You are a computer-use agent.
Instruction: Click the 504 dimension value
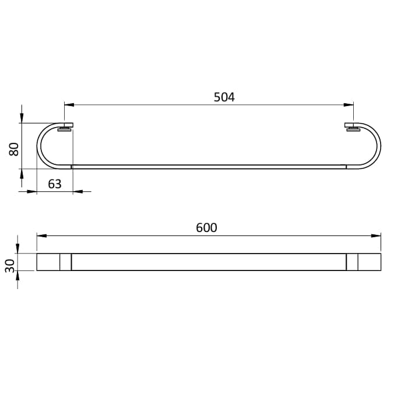[x=224, y=97]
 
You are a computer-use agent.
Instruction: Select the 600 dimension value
[x=206, y=228]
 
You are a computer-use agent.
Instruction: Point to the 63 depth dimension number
[x=54, y=184]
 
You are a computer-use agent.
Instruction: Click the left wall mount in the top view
[x=66, y=127]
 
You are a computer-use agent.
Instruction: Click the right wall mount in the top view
[x=352, y=127]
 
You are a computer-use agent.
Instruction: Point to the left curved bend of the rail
[x=40, y=146]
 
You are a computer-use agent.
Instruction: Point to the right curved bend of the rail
[x=378, y=146]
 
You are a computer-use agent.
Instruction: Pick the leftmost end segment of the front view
[x=48, y=262]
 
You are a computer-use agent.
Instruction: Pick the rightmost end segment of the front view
[x=370, y=262]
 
